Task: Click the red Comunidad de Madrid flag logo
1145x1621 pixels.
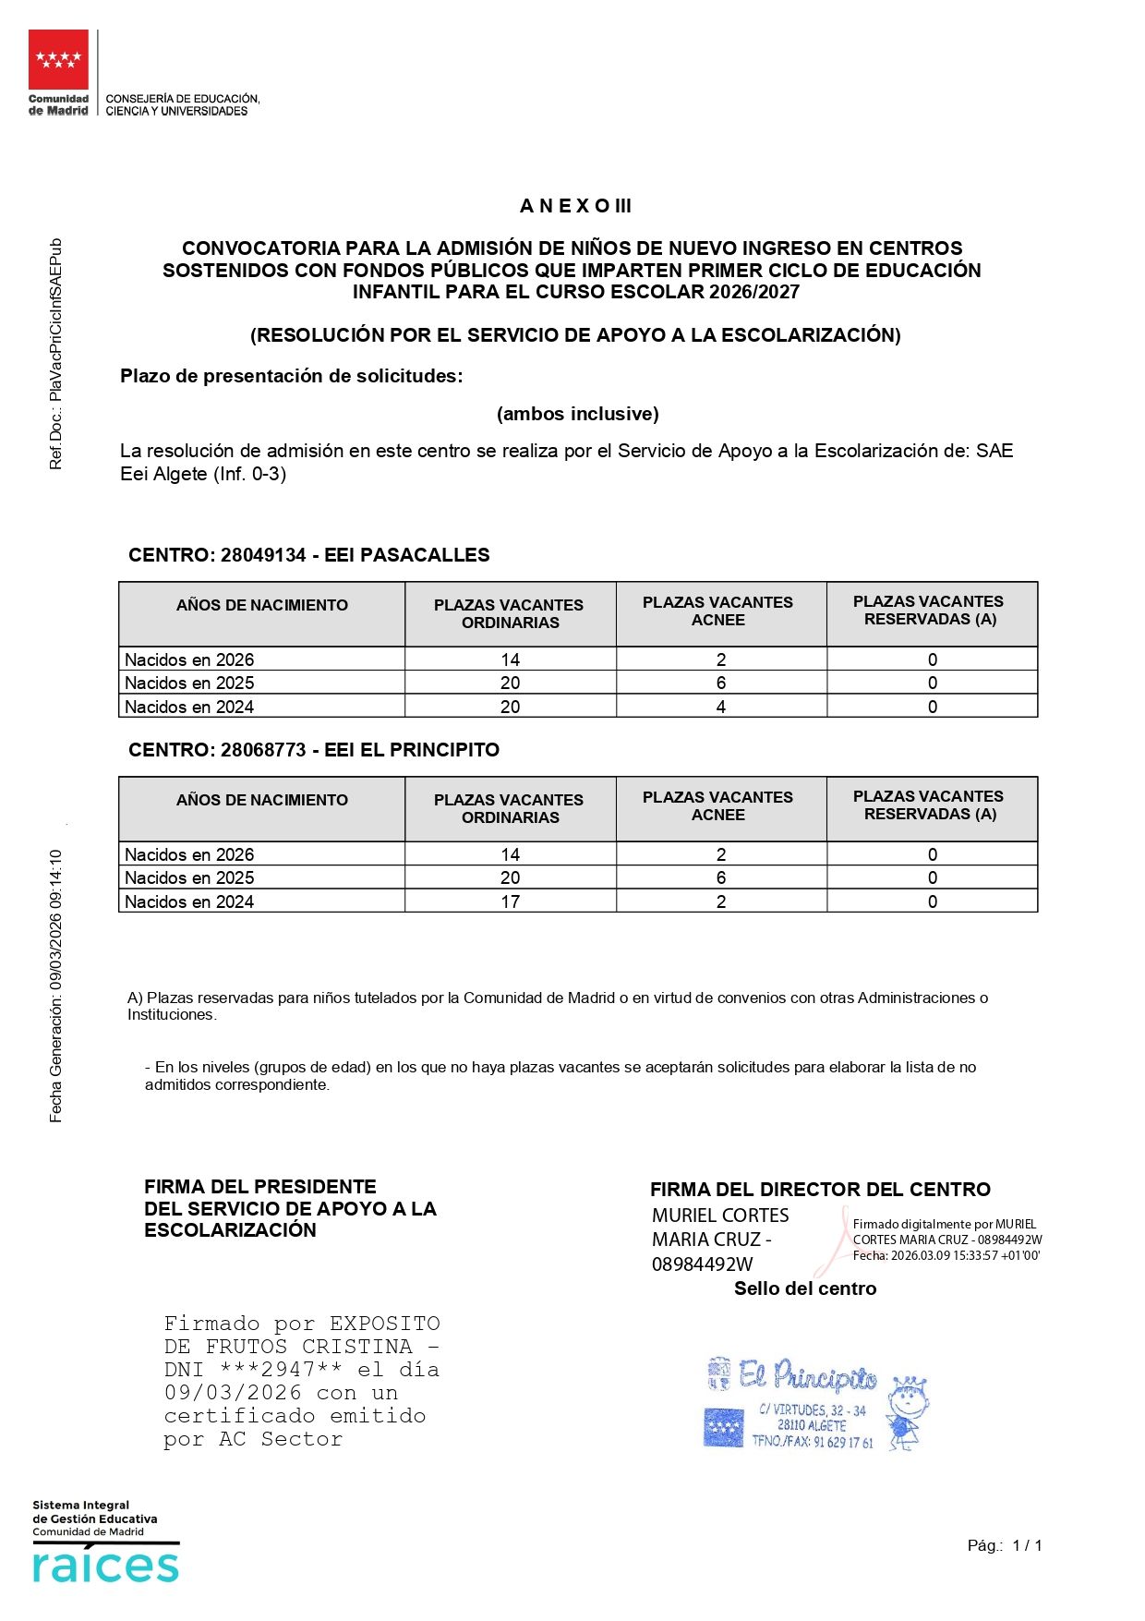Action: tap(58, 59)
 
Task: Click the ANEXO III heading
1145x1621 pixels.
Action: tap(575, 206)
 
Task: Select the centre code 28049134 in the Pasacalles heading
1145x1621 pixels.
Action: tap(262, 555)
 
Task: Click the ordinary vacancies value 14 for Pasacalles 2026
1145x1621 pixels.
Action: tap(510, 659)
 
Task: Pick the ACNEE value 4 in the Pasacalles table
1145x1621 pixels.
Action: tap(720, 707)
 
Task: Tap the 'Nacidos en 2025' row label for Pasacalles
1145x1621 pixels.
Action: tap(189, 683)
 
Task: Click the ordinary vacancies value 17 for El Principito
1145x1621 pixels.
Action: tap(510, 901)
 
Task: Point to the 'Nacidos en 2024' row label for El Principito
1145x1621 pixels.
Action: tap(189, 901)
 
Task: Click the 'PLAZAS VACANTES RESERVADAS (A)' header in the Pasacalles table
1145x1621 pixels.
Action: tap(928, 611)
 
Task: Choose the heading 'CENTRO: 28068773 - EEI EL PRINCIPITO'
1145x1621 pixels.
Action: tap(314, 750)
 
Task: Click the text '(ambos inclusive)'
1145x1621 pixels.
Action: tap(577, 414)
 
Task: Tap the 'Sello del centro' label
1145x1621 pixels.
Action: tap(804, 1288)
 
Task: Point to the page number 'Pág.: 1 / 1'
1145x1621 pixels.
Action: tap(1004, 1545)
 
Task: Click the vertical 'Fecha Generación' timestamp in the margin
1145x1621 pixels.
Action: tap(56, 986)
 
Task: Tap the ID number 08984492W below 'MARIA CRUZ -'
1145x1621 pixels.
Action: tap(702, 1264)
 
